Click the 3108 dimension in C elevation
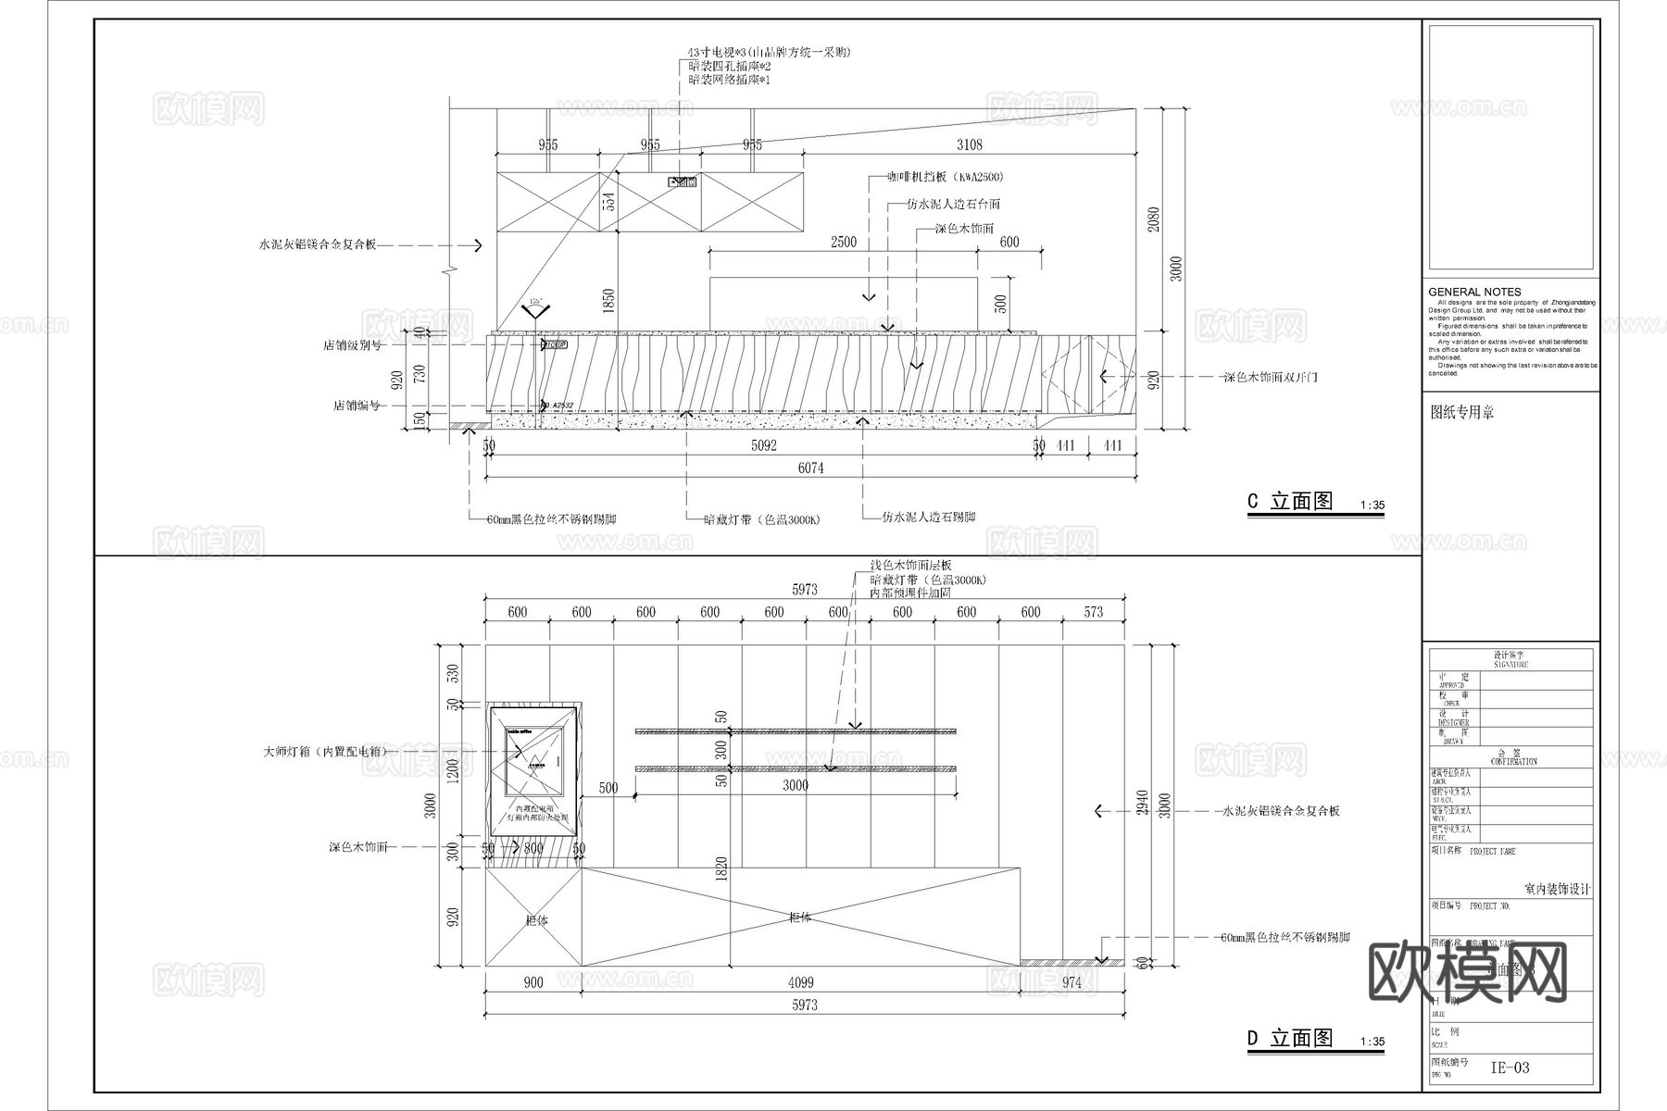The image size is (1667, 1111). [969, 144]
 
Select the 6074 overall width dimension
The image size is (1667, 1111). [810, 468]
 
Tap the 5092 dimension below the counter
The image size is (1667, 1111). [763, 446]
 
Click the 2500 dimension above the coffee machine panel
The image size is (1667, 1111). [843, 242]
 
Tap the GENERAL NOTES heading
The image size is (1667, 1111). [1474, 292]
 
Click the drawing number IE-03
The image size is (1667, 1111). [1510, 1067]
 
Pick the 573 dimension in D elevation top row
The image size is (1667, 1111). [1094, 612]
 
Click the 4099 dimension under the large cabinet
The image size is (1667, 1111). [800, 983]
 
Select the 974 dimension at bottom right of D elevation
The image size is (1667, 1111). [1072, 983]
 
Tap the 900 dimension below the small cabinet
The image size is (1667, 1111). [533, 983]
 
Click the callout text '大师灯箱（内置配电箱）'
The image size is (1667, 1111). [325, 752]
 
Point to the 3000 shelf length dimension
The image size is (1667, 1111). [796, 785]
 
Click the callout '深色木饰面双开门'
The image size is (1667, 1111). [1270, 378]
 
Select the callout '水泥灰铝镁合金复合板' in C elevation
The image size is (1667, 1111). [318, 245]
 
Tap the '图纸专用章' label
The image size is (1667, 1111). [1462, 413]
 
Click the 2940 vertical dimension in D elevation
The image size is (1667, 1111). [1143, 802]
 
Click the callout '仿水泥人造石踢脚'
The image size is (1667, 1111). [928, 517]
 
